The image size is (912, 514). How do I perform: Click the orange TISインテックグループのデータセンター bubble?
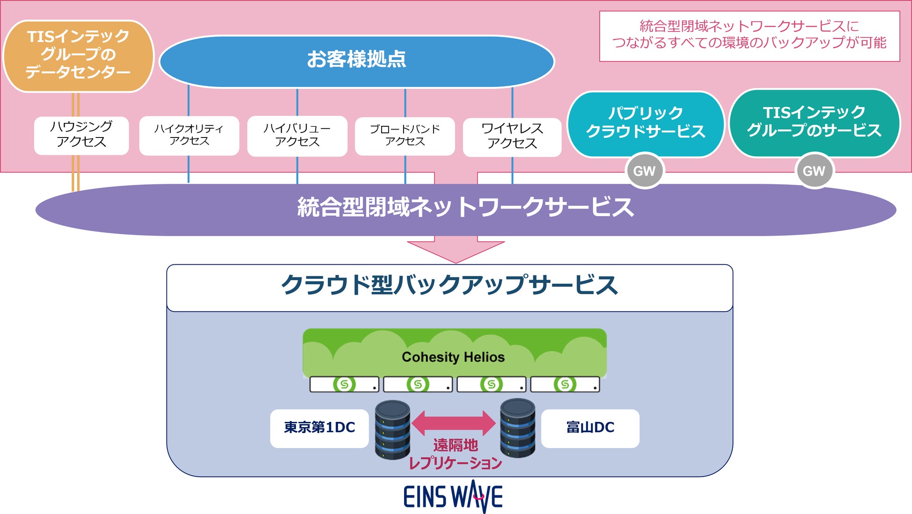pyautogui.click(x=78, y=55)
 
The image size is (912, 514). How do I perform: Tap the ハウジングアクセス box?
pyautogui.click(x=81, y=135)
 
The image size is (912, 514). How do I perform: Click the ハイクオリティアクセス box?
pyautogui.click(x=189, y=135)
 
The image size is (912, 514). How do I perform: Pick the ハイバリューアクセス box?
pyautogui.click(x=297, y=136)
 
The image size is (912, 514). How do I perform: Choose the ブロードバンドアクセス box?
pyautogui.click(x=405, y=136)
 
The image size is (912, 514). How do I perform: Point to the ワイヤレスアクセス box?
pyautogui.click(x=512, y=137)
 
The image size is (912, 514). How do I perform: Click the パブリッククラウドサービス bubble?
pyautogui.click(x=645, y=123)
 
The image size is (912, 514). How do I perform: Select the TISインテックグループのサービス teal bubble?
pyautogui.click(x=814, y=122)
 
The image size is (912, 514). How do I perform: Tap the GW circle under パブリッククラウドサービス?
pyautogui.click(x=644, y=171)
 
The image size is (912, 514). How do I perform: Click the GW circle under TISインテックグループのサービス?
pyautogui.click(x=814, y=171)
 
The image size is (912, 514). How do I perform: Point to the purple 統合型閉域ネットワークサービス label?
pyautogui.click(x=465, y=208)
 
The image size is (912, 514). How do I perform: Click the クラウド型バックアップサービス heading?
pyautogui.click(x=449, y=285)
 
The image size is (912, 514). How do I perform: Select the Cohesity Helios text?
pyautogui.click(x=453, y=357)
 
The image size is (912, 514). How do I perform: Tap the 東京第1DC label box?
pyautogui.click(x=319, y=428)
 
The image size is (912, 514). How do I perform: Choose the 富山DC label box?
pyautogui.click(x=590, y=428)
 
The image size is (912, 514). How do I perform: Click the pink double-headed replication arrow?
pyautogui.click(x=453, y=423)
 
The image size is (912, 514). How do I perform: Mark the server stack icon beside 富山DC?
pyautogui.click(x=518, y=428)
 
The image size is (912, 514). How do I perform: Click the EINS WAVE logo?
pyautogui.click(x=453, y=497)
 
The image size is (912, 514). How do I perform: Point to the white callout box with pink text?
pyautogui.click(x=749, y=36)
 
